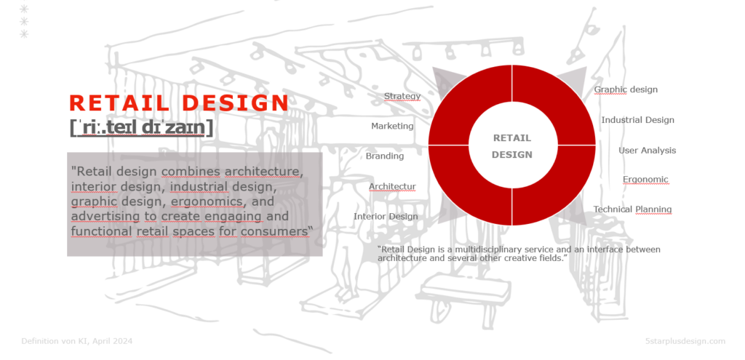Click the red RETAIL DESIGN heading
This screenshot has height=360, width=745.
click(x=179, y=103)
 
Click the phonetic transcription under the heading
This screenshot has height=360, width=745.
click(x=142, y=127)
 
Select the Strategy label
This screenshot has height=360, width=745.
click(x=402, y=97)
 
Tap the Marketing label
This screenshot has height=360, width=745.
click(x=392, y=126)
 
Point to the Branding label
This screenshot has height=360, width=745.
click(x=384, y=156)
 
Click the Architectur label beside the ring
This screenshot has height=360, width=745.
click(x=392, y=187)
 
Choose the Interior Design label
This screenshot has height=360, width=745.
click(x=386, y=217)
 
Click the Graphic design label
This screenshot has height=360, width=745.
click(x=626, y=89)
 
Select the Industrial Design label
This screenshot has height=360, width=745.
click(x=637, y=120)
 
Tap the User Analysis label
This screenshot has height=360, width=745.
click(x=647, y=150)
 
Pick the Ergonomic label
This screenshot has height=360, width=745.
click(x=645, y=180)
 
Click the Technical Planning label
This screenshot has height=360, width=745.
click(x=632, y=209)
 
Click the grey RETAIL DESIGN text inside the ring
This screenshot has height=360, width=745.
click(x=511, y=146)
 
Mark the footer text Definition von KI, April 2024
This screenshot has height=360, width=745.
click(x=77, y=341)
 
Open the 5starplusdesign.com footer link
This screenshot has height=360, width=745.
click(x=685, y=341)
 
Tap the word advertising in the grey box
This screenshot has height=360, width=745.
click(x=105, y=217)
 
